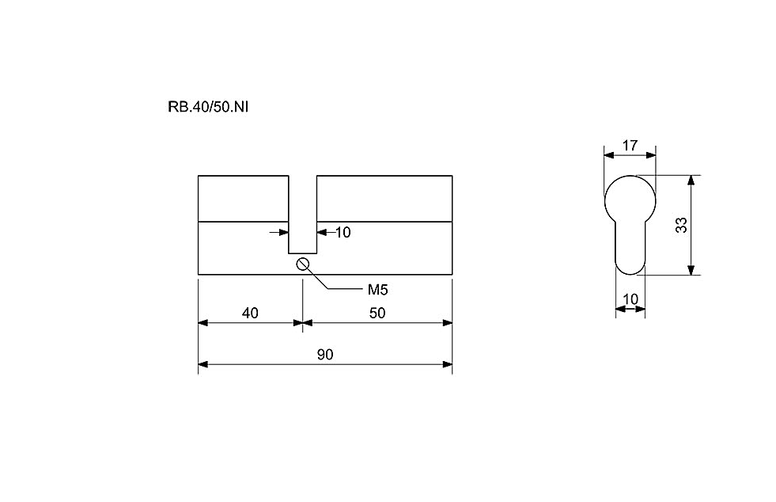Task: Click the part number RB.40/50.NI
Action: (x=208, y=107)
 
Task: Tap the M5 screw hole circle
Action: (x=302, y=264)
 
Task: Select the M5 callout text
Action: (x=377, y=290)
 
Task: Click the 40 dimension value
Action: (x=250, y=314)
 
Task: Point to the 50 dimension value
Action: (x=377, y=314)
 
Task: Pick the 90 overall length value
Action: (x=325, y=355)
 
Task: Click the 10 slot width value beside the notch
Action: (x=343, y=233)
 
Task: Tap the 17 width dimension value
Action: (x=630, y=146)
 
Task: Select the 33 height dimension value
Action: (x=682, y=225)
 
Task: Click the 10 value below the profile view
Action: (x=630, y=299)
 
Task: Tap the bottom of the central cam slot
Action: (x=302, y=253)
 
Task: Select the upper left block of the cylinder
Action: (x=243, y=198)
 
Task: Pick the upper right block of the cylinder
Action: (x=384, y=198)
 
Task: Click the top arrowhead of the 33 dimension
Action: (x=692, y=180)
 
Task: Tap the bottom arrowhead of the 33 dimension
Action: (x=692, y=269)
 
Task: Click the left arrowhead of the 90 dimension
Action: (x=203, y=365)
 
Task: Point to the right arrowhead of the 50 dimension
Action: (x=448, y=323)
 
